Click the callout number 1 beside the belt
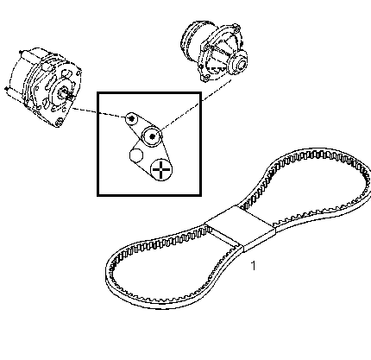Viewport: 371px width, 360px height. [253, 266]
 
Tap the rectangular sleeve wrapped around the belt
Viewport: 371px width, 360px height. [239, 227]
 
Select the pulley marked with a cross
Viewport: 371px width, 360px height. [161, 169]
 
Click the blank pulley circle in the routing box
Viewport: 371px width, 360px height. [136, 155]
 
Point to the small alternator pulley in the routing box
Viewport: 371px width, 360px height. [132, 118]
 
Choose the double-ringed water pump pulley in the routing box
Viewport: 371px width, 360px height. [152, 136]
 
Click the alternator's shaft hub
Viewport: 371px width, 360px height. [63, 92]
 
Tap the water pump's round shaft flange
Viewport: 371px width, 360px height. [238, 64]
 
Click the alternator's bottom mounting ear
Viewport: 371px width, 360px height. [60, 122]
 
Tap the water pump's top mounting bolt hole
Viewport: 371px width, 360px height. [236, 28]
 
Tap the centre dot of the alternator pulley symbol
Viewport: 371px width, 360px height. [132, 118]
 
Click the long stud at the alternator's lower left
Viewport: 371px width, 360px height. [15, 93]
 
